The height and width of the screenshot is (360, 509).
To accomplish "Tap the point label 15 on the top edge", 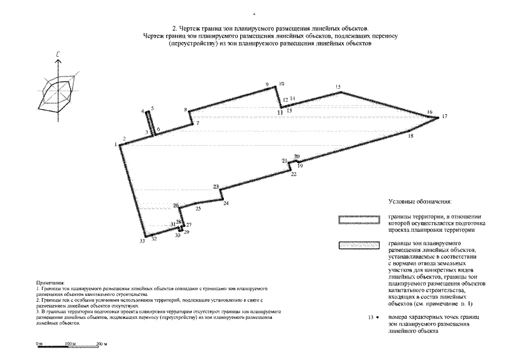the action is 338,87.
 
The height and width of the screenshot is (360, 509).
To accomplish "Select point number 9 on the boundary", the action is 267,84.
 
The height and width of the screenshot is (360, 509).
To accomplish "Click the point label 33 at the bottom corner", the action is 142,241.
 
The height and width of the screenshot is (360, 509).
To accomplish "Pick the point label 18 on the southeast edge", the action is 411,136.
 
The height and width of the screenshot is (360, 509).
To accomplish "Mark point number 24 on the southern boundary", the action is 226,204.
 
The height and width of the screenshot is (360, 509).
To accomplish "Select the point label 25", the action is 198,209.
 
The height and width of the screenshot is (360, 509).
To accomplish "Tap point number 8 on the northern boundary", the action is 185,110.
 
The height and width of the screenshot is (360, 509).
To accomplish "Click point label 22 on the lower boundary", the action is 294,174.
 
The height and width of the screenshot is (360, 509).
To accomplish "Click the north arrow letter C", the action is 58,54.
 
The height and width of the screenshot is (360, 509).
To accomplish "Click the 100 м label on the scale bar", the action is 70,343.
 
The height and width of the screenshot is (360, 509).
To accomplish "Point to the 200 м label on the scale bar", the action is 101,343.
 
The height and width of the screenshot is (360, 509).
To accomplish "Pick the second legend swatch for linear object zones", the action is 358,245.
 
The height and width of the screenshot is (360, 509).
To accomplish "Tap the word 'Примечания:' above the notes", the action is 50,282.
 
